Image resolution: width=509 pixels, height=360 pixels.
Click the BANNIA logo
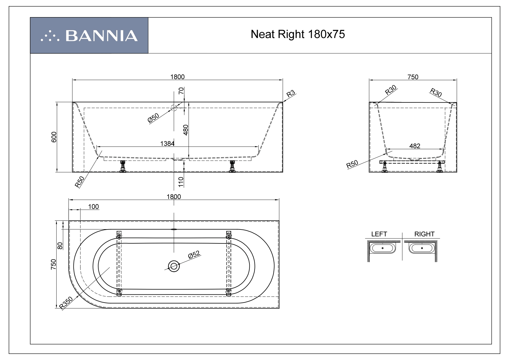(x=89, y=35)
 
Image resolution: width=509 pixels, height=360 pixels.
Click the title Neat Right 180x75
(x=298, y=35)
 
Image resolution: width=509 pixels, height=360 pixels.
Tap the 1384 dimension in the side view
(x=167, y=143)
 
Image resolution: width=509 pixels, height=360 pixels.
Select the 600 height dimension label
(x=54, y=137)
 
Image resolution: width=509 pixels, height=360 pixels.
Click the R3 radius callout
(x=291, y=94)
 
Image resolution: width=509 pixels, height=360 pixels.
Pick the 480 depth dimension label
(x=186, y=130)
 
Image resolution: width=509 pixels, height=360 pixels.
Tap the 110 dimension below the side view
(x=181, y=182)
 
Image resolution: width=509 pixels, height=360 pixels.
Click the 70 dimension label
(x=181, y=91)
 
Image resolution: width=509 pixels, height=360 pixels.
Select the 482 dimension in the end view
(x=414, y=146)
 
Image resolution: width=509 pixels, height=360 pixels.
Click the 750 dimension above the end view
(x=413, y=77)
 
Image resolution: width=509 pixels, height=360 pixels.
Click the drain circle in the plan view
(x=174, y=266)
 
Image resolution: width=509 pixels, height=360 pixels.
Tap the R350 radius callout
(x=66, y=303)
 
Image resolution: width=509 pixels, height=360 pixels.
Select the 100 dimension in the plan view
(x=93, y=207)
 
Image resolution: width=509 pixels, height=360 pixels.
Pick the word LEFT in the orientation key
(x=379, y=234)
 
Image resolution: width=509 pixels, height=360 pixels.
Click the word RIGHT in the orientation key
(x=424, y=234)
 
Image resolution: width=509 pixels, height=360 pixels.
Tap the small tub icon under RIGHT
(x=422, y=248)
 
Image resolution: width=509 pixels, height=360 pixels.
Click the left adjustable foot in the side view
(x=123, y=167)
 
